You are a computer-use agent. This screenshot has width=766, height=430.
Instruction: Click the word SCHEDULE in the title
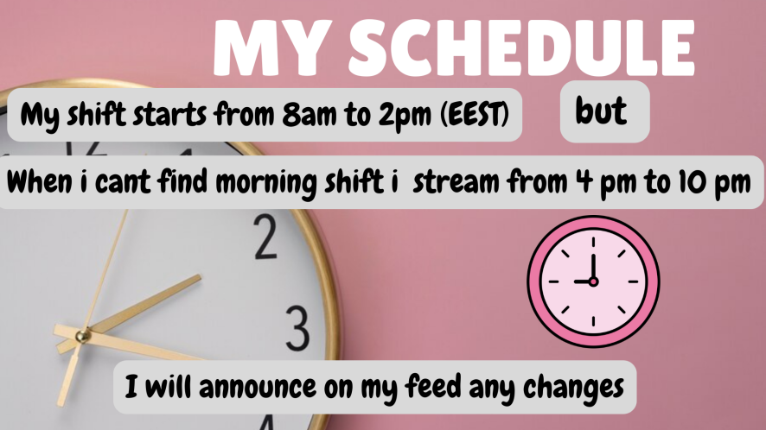point(520,47)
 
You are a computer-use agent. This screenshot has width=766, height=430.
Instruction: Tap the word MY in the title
point(270,47)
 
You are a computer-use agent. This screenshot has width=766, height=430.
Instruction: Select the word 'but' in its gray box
point(601,111)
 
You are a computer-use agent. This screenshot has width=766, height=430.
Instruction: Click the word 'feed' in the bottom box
point(433,386)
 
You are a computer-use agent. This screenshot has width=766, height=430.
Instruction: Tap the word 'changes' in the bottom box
point(573,388)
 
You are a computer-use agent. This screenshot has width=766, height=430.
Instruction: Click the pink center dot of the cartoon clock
point(593,281)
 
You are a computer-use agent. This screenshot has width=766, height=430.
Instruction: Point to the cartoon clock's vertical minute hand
point(594,267)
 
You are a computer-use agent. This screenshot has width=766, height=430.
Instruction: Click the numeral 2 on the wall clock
point(265,237)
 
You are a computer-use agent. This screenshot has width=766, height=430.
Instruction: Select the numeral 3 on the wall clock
point(297,327)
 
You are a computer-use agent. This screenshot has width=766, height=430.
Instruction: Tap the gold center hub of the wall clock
point(82,336)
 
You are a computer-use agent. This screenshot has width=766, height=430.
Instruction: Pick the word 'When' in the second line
point(40,181)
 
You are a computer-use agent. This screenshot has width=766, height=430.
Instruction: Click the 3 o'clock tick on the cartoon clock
point(633,281)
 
